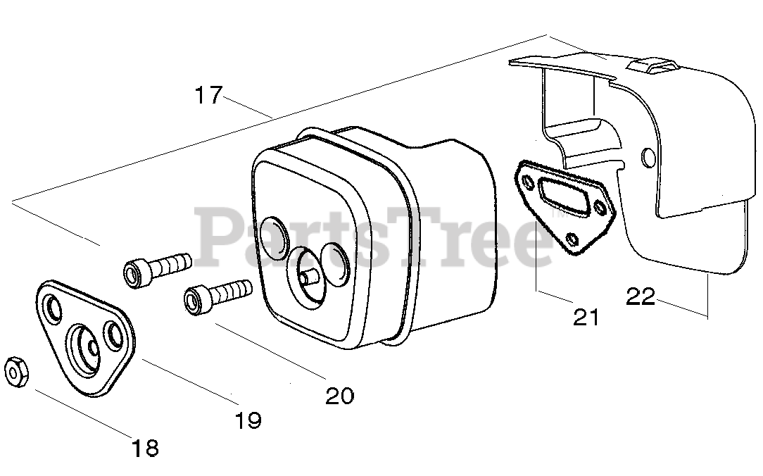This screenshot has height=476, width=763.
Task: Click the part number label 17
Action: tap(209, 95)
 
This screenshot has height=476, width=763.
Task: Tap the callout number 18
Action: tap(146, 448)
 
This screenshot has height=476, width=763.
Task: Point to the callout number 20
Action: tap(340, 396)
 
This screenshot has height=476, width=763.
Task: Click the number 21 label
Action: tap(586, 318)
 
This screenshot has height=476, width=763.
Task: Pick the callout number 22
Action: tap(641, 297)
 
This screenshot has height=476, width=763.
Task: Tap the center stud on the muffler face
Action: tap(307, 275)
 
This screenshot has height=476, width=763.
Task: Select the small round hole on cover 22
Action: tap(648, 156)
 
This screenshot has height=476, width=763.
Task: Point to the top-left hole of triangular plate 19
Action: tap(53, 308)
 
